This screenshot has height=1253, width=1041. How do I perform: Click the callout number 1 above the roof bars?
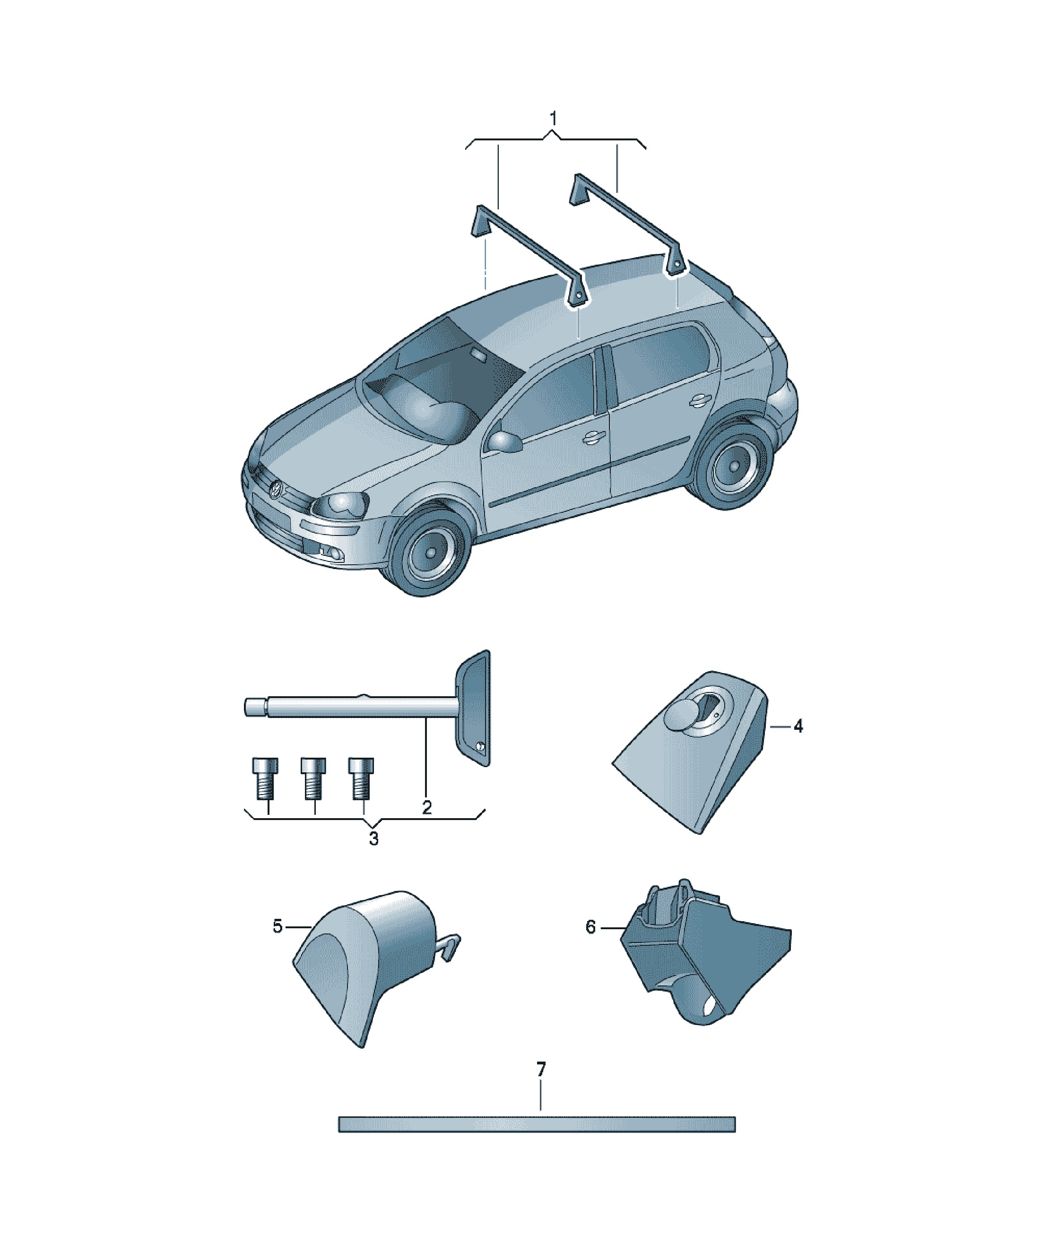(553, 118)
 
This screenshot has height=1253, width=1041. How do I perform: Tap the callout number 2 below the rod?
(427, 807)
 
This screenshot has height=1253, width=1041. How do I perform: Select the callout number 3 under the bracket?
(373, 838)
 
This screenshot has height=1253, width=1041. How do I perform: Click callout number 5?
(278, 926)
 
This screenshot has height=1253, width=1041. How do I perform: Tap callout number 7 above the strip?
(541, 1069)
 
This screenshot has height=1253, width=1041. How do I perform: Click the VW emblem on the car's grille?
(276, 489)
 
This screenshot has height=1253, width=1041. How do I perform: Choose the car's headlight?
(340, 505)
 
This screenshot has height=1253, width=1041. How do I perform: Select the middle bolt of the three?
(313, 778)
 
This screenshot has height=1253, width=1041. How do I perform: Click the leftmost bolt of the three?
(265, 778)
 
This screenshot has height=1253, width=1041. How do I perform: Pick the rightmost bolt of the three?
(361, 778)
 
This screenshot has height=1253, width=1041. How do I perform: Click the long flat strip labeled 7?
(537, 1124)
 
